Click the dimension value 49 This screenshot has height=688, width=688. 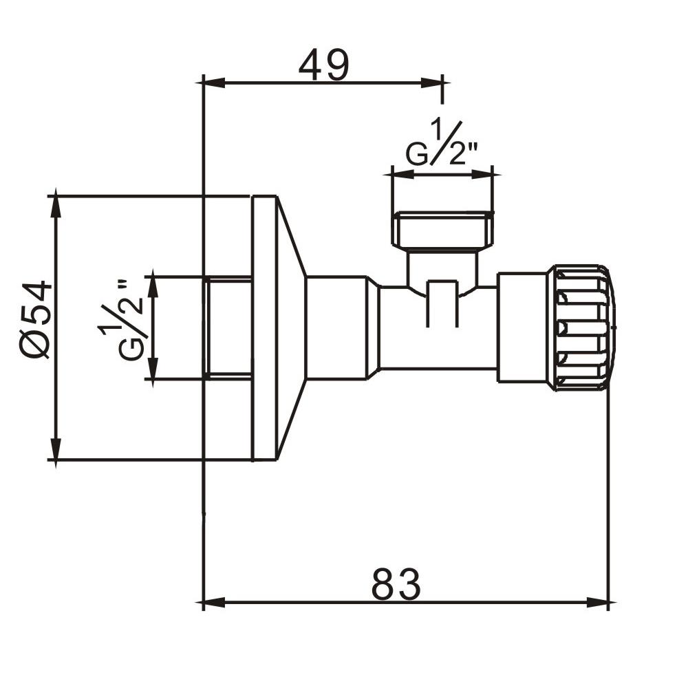[324, 66]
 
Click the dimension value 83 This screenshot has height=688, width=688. [396, 585]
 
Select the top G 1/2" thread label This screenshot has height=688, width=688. [441, 146]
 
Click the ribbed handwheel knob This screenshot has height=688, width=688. [581, 327]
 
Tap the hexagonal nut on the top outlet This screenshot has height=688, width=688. [443, 230]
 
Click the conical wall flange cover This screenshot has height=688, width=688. [290, 327]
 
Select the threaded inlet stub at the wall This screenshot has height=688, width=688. [228, 327]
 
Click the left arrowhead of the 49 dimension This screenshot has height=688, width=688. [211, 83]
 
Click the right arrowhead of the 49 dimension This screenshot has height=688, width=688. [433, 83]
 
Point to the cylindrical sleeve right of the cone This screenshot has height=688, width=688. [336, 327]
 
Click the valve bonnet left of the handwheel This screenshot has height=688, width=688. [522, 327]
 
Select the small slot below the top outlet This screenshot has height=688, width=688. [442, 303]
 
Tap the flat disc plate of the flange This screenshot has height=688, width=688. [264, 327]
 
